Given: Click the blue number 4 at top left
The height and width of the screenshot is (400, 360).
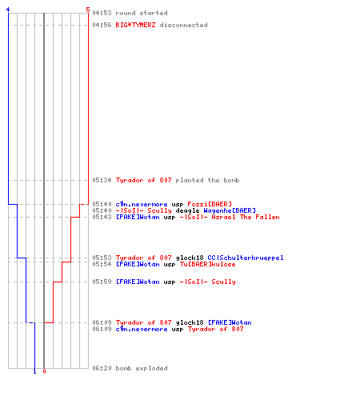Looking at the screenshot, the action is (8, 10).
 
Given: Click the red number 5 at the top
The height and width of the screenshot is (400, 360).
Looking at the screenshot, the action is (88, 10).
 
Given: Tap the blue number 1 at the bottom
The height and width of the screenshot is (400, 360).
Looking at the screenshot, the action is (34, 371).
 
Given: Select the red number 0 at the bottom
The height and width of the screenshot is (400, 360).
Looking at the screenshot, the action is (44, 371).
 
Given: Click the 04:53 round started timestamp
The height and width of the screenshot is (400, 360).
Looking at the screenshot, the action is (102, 13).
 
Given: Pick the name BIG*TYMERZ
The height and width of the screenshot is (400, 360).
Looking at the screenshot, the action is (135, 25).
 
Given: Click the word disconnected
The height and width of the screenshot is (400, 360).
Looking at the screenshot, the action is (183, 25).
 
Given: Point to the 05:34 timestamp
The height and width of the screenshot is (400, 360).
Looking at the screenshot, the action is (102, 180).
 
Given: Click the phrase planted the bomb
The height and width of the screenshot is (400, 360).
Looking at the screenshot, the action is (207, 180).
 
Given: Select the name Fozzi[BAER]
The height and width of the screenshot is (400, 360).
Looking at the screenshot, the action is (210, 204).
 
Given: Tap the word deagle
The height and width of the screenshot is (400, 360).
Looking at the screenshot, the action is (187, 211).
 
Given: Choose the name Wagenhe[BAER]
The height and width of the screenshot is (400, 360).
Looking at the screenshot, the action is (230, 210).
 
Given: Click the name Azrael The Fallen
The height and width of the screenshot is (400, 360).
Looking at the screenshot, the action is (246, 217).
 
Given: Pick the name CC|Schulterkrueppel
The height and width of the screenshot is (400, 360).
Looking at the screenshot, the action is (246, 258).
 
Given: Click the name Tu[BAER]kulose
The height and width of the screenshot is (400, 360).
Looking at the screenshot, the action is (208, 264).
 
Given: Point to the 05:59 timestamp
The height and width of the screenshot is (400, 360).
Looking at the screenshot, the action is (102, 282).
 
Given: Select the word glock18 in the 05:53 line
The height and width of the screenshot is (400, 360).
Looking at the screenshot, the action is (190, 258).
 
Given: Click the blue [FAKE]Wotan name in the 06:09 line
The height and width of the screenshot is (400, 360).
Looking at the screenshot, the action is (230, 322).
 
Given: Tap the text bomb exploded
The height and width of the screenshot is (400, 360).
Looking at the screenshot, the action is (142, 368).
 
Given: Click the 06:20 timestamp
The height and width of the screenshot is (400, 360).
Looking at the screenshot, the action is (102, 368).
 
